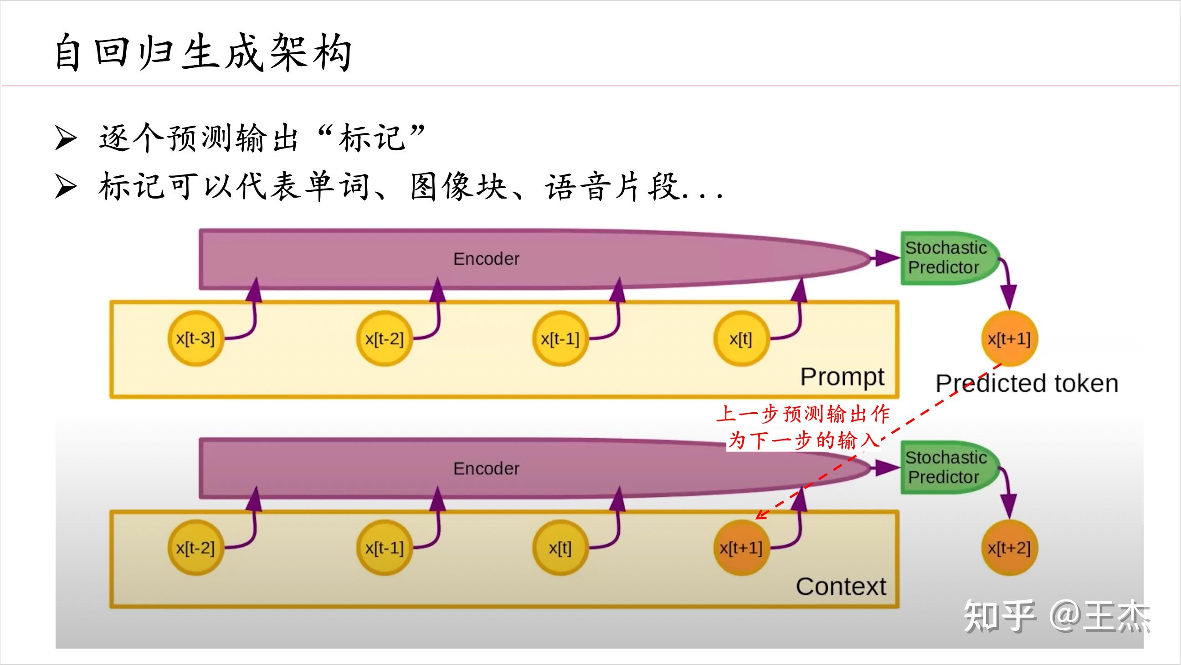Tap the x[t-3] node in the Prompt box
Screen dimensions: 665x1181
tap(195, 339)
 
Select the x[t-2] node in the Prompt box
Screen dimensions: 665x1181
tap(384, 339)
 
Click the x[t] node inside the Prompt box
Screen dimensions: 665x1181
tap(740, 339)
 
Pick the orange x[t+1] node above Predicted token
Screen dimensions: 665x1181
tap(1009, 339)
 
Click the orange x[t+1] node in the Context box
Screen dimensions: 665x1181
tap(741, 548)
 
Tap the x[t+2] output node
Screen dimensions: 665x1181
tap(1009, 548)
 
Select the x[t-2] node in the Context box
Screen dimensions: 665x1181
tap(195, 548)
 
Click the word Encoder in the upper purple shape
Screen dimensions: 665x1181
tap(486, 259)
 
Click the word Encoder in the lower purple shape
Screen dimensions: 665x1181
tap(486, 468)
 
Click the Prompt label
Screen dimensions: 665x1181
tap(842, 377)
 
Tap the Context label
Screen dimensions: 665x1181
tap(841, 586)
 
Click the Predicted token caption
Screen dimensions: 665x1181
tap(1027, 383)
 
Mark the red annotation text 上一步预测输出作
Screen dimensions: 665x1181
tap(803, 414)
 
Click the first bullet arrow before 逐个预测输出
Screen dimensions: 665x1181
tap(65, 138)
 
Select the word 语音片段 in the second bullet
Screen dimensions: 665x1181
tap(612, 187)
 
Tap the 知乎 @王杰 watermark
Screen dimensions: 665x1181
tap(1057, 616)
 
